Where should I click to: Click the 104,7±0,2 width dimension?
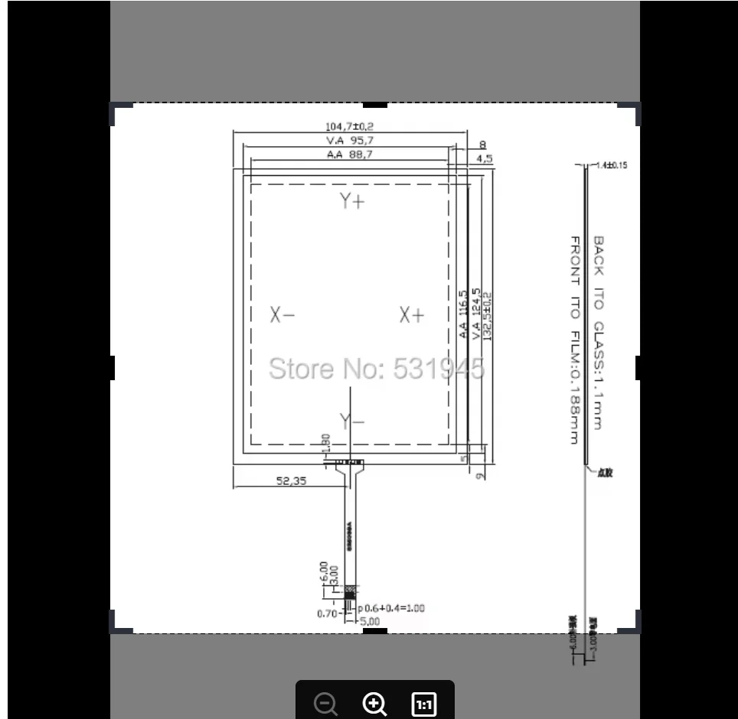(349, 127)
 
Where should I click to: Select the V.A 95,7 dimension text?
(350, 141)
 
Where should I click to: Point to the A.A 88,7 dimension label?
(350, 155)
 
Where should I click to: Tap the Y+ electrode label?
(352, 201)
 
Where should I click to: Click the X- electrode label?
(282, 315)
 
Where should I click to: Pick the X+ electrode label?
(411, 315)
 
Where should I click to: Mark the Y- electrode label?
(352, 421)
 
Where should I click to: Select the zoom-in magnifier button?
(374, 704)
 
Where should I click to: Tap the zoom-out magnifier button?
(326, 704)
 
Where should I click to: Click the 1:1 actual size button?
(423, 704)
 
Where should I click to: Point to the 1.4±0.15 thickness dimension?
(611, 165)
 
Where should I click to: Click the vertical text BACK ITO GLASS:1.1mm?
(599, 333)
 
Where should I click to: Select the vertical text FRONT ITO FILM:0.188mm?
(573, 340)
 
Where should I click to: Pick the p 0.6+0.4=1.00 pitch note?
(391, 609)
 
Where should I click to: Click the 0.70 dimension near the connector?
(327, 613)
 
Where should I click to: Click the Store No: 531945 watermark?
(376, 369)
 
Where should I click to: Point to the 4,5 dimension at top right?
(484, 158)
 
